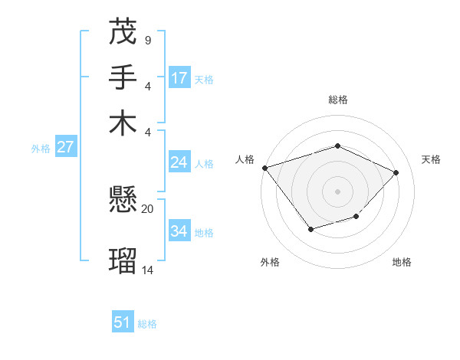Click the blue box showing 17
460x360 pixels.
pyautogui.click(x=179, y=78)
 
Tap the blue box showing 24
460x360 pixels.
pyautogui.click(x=179, y=162)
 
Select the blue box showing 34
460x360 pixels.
pyautogui.click(x=179, y=231)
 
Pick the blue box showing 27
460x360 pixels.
pyautogui.click(x=65, y=147)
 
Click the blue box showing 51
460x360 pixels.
pyautogui.click(x=123, y=322)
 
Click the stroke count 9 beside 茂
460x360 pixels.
pyautogui.click(x=147, y=40)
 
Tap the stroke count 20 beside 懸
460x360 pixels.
pyautogui.click(x=147, y=208)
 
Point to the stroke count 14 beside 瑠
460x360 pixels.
pyautogui.click(x=147, y=270)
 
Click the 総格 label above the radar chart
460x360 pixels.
pyautogui.click(x=337, y=100)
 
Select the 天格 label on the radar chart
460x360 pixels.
pyautogui.click(x=431, y=159)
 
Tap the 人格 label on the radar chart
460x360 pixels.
pyautogui.click(x=245, y=159)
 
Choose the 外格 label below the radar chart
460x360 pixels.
pyautogui.click(x=270, y=262)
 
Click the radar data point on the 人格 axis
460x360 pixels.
pyautogui.click(x=264, y=167)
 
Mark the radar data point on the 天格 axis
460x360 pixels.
pyautogui.click(x=396, y=172)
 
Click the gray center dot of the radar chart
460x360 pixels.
pyautogui.click(x=337, y=191)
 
